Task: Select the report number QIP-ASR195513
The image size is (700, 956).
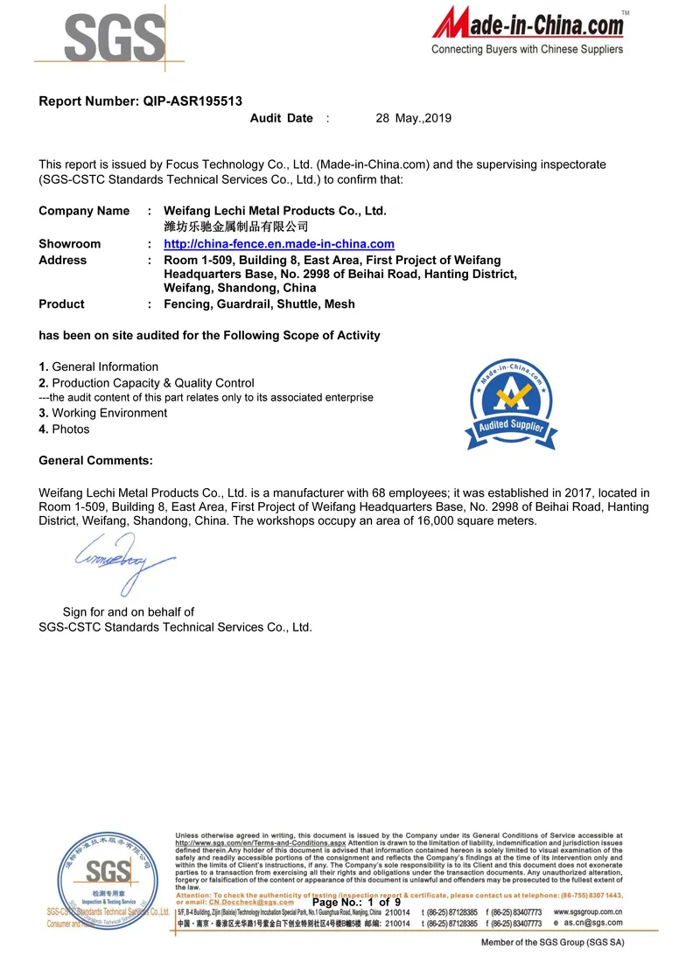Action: [192, 101]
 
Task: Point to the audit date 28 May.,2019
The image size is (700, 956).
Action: [413, 118]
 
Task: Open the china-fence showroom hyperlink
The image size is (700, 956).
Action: [279, 244]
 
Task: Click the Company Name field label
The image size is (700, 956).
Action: [84, 211]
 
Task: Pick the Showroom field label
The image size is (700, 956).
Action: [69, 244]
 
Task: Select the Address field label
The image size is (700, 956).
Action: [63, 260]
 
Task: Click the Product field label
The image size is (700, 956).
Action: [61, 304]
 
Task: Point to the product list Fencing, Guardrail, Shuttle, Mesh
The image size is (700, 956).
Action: [259, 304]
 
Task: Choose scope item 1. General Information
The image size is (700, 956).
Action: [99, 366]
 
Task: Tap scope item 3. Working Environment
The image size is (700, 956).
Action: [102, 413]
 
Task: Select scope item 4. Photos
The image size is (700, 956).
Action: [64, 429]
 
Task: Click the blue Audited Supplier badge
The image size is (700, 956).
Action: [508, 401]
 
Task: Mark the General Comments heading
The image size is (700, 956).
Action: [95, 460]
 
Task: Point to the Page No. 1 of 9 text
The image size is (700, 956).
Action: [356, 903]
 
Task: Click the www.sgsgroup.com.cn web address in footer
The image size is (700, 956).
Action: [588, 911]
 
